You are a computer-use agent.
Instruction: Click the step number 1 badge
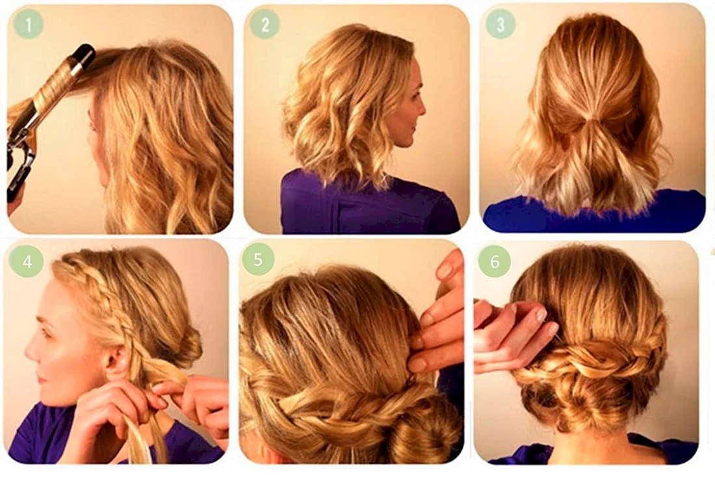[x=28, y=24]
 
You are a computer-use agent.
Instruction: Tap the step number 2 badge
[x=265, y=24]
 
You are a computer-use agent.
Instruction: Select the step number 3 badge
[x=500, y=24]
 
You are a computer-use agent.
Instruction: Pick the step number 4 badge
[x=27, y=262]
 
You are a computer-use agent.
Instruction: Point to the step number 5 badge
[x=258, y=259]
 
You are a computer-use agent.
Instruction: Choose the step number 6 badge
[x=495, y=261]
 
